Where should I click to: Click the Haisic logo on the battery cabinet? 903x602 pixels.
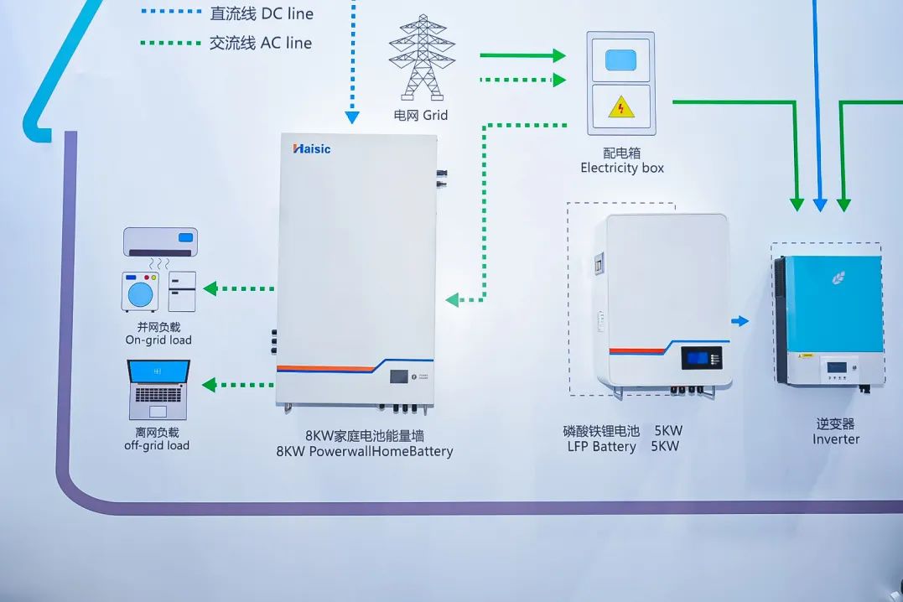[312, 149]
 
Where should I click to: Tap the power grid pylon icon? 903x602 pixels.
[422, 58]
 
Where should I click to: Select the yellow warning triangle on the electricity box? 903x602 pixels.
[620, 107]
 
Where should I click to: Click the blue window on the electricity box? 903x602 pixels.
[620, 60]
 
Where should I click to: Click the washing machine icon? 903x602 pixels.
[140, 292]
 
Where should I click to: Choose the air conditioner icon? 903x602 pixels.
[160, 241]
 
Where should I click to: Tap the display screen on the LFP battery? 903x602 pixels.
[698, 358]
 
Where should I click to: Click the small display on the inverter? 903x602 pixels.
[836, 366]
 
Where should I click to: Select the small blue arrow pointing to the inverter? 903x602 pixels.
[740, 320]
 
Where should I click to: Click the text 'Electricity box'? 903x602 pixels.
[622, 168]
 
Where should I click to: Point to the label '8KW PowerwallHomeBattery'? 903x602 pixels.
[365, 451]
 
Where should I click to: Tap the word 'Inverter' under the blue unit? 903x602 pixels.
[836, 439]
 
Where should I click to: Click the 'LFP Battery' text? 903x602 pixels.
[601, 446]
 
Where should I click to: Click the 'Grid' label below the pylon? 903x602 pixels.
[434, 116]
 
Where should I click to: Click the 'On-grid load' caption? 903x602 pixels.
[158, 340]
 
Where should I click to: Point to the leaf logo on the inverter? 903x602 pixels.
[838, 277]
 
